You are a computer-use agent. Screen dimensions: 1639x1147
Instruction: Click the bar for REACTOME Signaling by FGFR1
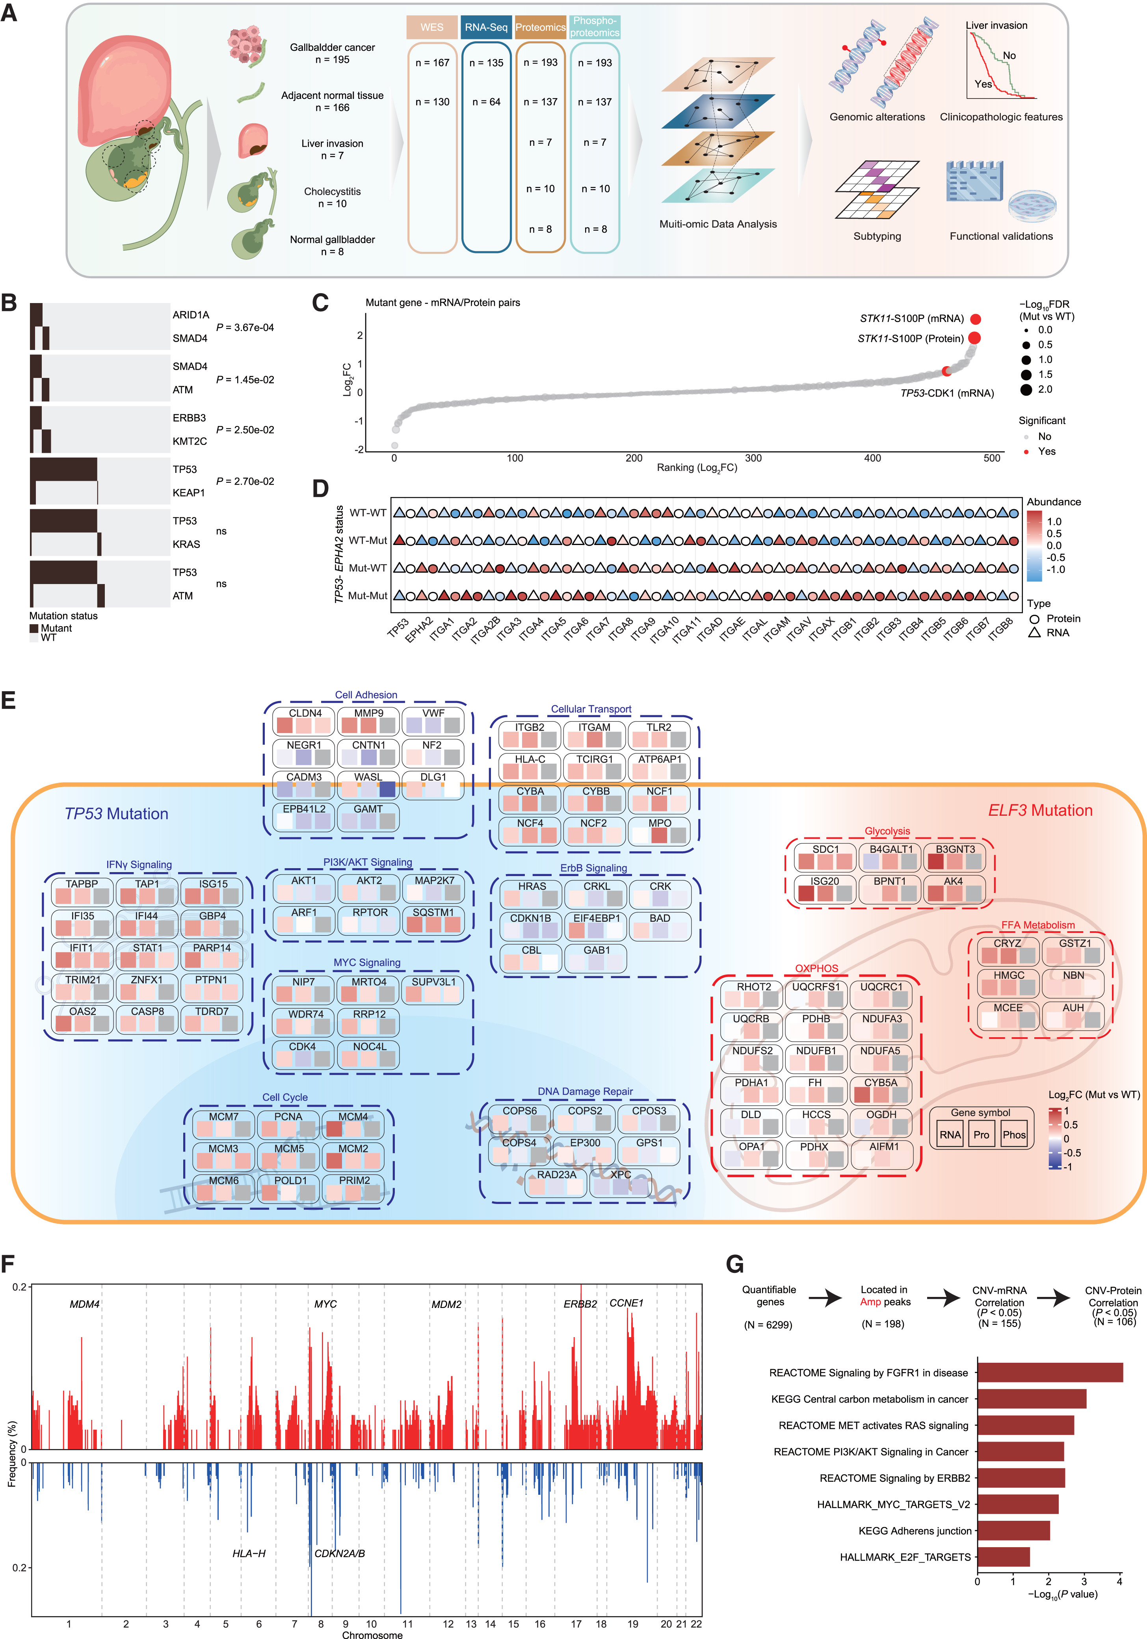1049,1372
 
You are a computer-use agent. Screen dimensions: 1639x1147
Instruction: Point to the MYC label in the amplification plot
325,1304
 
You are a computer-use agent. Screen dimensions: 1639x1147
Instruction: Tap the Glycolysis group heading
887,831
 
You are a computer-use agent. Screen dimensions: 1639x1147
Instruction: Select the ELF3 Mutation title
1040,810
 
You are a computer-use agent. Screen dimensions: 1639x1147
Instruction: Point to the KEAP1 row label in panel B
188,493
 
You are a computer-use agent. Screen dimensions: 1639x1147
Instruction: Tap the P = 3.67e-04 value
245,327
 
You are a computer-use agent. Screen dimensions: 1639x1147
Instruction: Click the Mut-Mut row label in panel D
368,595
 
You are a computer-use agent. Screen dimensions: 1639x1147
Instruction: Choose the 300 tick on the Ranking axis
753,458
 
